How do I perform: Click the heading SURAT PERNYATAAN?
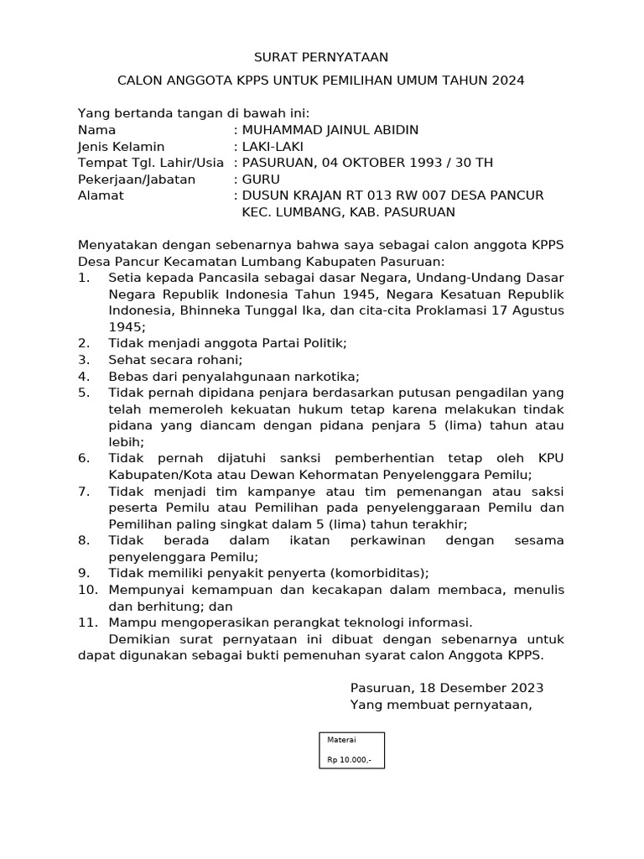[322, 57]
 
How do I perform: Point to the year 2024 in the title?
[507, 81]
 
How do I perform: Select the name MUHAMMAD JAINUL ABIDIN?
[330, 130]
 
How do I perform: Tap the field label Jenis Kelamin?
[121, 147]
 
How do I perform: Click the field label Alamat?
[101, 195]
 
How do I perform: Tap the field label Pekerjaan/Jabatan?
[137, 180]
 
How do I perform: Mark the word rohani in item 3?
[220, 360]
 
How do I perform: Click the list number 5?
[83, 393]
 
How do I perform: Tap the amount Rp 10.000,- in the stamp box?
[349, 761]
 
